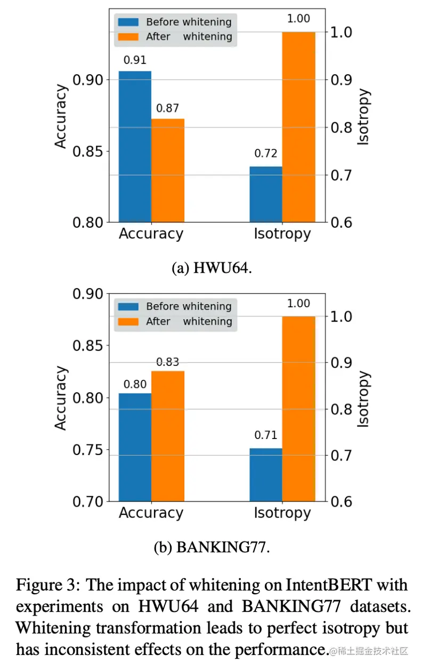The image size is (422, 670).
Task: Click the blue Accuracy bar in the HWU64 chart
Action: coord(135,147)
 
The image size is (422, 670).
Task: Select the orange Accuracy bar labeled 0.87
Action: coord(168,170)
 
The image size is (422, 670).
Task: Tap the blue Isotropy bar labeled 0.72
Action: coord(266,194)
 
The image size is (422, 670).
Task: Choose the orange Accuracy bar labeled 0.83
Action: coord(168,436)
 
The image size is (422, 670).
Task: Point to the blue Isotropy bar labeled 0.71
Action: coord(266,475)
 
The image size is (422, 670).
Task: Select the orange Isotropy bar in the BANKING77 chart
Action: coord(298,409)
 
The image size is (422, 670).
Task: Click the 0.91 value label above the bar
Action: coord(135,60)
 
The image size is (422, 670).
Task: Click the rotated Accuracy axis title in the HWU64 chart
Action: coord(62,117)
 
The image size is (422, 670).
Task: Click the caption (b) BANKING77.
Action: coord(212,547)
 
